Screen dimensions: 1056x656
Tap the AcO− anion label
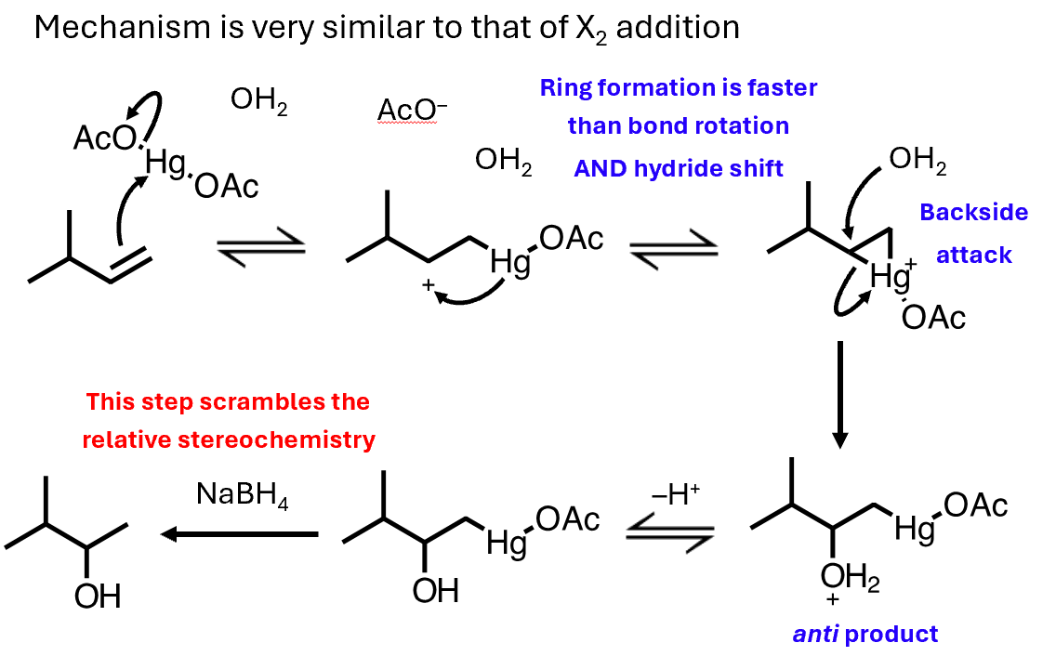pyautogui.click(x=412, y=111)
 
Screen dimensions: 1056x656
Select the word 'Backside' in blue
pyautogui.click(x=973, y=212)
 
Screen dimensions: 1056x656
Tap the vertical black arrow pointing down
pyautogui.click(x=840, y=394)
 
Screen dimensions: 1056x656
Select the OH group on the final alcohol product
pyautogui.click(x=98, y=595)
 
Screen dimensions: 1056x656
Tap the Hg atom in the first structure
pyautogui.click(x=166, y=164)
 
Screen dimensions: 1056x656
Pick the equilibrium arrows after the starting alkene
pyautogui.click(x=260, y=247)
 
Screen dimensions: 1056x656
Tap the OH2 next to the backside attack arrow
pyautogui.click(x=917, y=161)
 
